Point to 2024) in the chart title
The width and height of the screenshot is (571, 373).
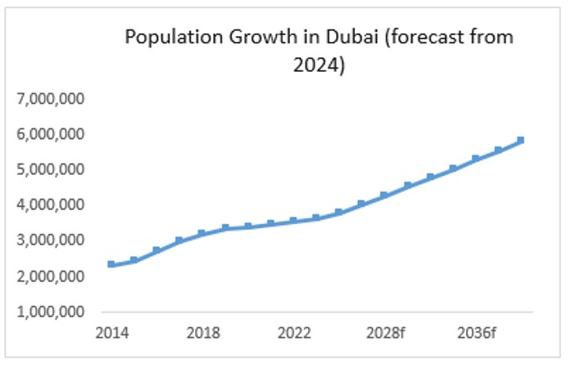(319, 64)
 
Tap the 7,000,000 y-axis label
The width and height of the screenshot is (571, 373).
(51, 99)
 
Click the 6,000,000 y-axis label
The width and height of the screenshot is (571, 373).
(51, 134)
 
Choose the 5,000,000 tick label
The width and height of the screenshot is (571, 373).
(51, 169)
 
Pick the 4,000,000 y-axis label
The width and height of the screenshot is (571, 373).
(51, 204)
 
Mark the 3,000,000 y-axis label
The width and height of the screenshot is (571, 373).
(51, 240)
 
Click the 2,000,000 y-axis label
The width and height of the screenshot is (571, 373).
(51, 276)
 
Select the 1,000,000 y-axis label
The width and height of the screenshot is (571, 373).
(51, 312)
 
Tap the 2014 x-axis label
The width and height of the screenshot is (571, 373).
(111, 333)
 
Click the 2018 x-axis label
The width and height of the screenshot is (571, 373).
(202, 333)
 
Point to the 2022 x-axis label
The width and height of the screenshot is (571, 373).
(293, 333)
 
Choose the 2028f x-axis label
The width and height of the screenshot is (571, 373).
(384, 333)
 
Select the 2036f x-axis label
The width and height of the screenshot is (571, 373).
(475, 333)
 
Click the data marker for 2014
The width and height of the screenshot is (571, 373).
(111, 264)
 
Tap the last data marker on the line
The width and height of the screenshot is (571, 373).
(520, 141)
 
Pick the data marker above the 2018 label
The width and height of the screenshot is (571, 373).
(202, 234)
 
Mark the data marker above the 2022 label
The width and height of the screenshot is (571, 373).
(293, 221)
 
